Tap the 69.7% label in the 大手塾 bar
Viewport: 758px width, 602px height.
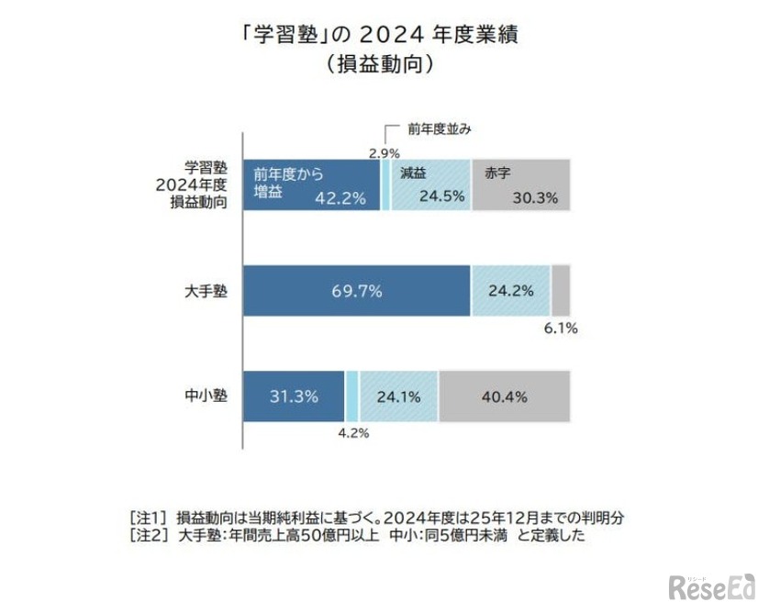(x=357, y=291)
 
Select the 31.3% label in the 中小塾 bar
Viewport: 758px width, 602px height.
(x=294, y=396)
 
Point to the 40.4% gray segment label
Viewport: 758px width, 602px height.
(x=504, y=396)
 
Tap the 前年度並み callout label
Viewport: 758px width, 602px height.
(x=440, y=129)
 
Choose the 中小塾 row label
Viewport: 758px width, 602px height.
(x=206, y=396)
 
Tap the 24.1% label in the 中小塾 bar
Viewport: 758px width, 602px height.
(x=399, y=396)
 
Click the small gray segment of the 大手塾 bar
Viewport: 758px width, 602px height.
(x=560, y=290)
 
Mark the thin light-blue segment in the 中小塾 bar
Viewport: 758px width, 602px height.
(x=351, y=396)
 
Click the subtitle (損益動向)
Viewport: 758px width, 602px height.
(x=378, y=65)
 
